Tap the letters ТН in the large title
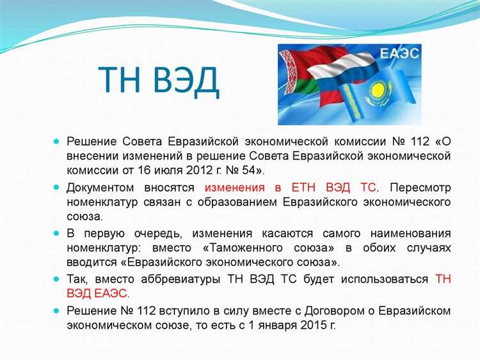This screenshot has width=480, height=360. (x=120, y=81)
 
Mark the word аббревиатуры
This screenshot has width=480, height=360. (x=174, y=279)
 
